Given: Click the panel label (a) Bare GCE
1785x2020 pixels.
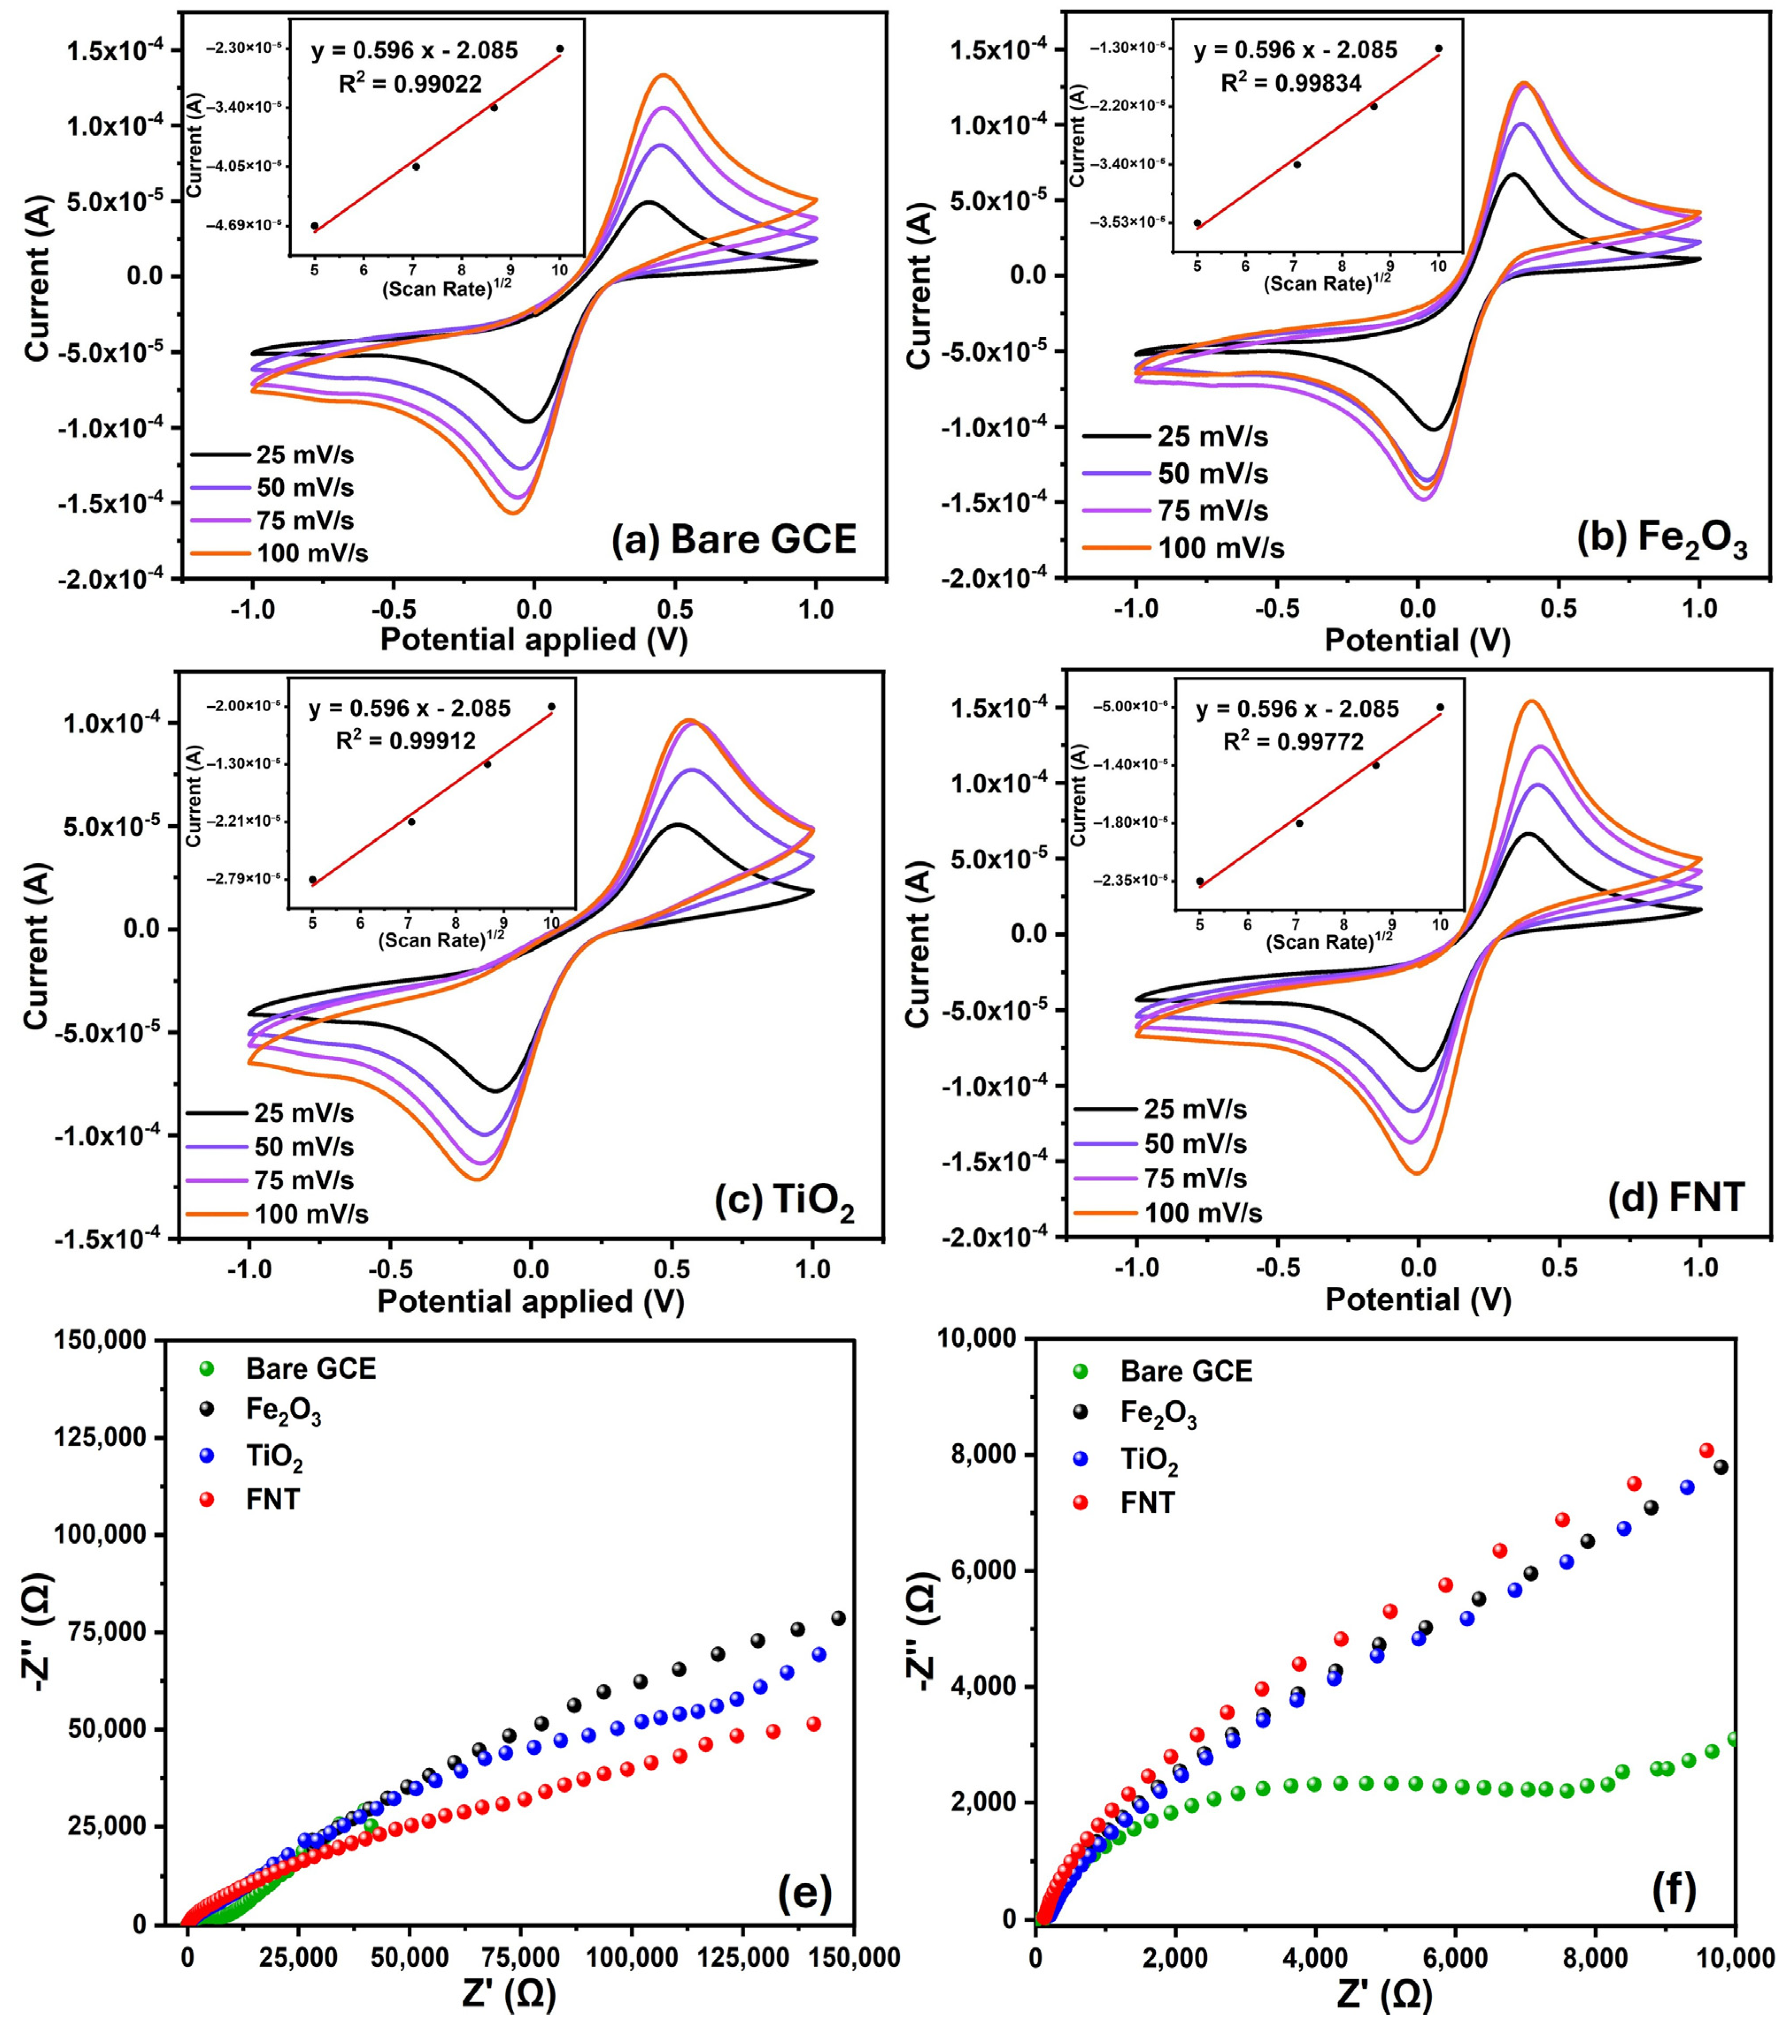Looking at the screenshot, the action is click(x=734, y=539).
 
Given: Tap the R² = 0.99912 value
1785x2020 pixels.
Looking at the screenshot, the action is click(x=406, y=740).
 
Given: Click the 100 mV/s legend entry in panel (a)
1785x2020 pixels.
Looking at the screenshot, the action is click(x=280, y=552).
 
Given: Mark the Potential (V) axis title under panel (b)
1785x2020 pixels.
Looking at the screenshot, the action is click(x=1417, y=640).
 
